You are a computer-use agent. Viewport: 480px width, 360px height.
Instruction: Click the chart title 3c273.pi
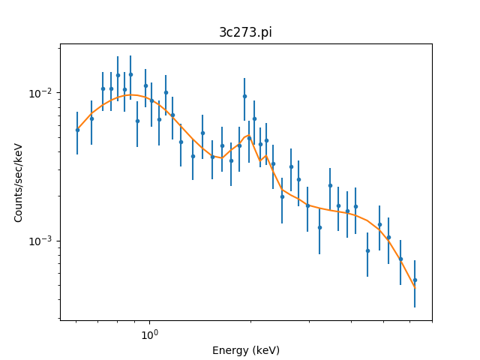point(245,32)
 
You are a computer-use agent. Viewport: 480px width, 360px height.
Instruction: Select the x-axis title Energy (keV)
point(245,350)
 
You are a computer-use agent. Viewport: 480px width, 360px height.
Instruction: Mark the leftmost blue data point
point(77,130)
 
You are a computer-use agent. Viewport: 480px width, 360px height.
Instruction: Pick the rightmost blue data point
point(415,280)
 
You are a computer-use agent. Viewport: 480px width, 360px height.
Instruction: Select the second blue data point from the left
point(91,118)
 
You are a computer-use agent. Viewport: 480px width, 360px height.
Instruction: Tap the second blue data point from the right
point(400,259)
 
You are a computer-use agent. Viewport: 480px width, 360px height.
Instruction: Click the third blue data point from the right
point(388,237)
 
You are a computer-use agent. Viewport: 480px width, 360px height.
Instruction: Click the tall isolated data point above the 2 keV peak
point(244,96)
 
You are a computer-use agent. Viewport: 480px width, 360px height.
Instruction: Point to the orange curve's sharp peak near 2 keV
point(248,136)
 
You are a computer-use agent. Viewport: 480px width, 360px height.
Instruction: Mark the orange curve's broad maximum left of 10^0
point(132,95)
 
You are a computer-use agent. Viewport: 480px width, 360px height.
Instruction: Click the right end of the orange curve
point(415,287)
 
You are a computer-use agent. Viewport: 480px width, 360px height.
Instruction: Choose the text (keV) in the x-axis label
point(265,350)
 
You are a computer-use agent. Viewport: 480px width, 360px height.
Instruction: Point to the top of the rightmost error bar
point(415,261)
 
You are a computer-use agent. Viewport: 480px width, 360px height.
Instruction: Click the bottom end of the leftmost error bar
point(77,154)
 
